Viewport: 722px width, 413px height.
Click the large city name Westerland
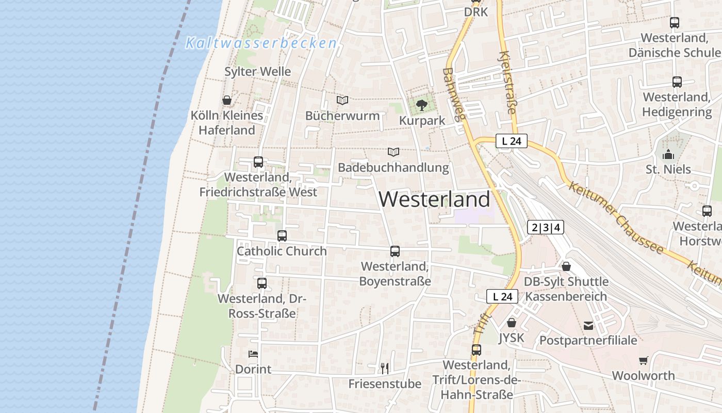click(x=434, y=199)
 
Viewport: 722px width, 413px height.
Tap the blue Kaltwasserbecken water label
click(x=261, y=43)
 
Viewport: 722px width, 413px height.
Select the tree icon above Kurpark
click(x=422, y=105)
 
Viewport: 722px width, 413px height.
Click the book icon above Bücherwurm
click(x=342, y=100)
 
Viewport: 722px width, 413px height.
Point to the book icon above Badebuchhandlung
click(x=393, y=152)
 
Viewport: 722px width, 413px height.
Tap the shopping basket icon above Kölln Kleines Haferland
click(x=226, y=100)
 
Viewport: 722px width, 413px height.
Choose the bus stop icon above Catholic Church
click(x=282, y=236)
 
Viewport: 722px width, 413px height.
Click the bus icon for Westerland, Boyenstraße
click(x=395, y=251)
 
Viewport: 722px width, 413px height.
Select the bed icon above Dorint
click(x=253, y=354)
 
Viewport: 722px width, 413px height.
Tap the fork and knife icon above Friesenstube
click(x=384, y=368)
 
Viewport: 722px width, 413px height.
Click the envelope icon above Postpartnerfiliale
click(x=588, y=325)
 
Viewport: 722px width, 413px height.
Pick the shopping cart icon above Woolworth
click(x=643, y=360)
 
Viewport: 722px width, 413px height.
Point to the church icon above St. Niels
click(x=668, y=154)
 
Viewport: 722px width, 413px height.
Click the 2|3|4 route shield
click(x=546, y=227)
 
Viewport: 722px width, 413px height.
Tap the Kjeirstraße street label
click(x=508, y=83)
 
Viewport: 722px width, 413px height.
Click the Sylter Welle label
click(x=257, y=71)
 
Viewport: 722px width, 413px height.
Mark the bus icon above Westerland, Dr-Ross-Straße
click(x=262, y=283)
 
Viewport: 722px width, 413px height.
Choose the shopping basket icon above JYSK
click(x=511, y=323)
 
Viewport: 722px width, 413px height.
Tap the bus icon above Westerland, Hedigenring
click(x=677, y=82)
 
